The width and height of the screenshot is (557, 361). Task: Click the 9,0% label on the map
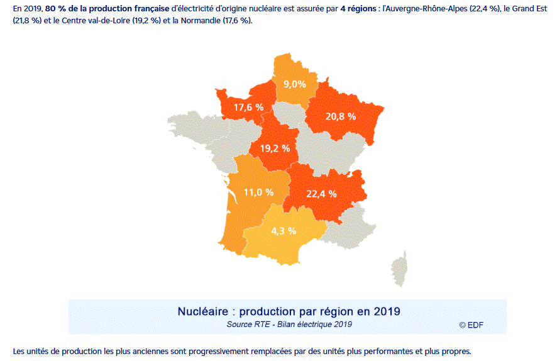click(x=294, y=84)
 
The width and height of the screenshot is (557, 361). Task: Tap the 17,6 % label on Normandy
click(x=248, y=108)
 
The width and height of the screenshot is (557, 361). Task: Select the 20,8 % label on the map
click(x=341, y=116)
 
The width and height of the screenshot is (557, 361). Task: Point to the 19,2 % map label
click(x=275, y=148)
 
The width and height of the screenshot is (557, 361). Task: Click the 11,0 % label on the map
click(x=258, y=192)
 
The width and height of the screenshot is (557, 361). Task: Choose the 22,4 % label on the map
click(x=322, y=194)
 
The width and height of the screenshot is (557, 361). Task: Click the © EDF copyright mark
click(x=472, y=325)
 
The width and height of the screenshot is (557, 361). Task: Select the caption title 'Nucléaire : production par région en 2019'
click(x=289, y=311)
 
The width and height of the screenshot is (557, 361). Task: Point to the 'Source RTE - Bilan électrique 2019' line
click(x=289, y=325)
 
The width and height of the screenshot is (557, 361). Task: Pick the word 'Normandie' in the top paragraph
click(x=202, y=21)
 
